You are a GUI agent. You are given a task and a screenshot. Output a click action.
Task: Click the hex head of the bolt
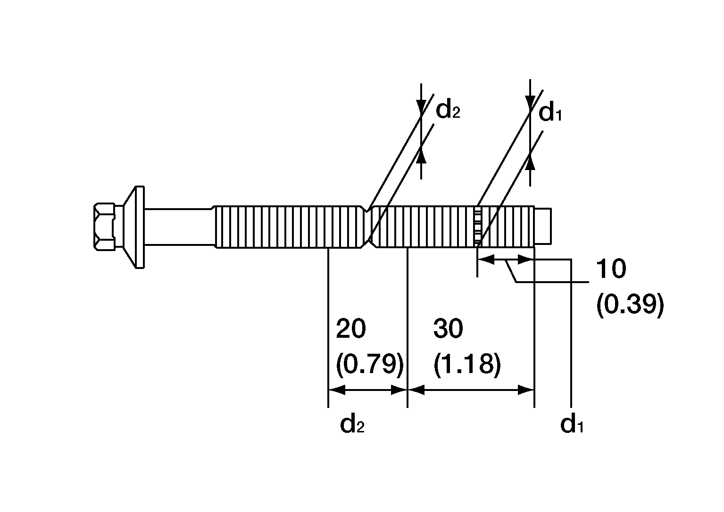(x=104, y=227)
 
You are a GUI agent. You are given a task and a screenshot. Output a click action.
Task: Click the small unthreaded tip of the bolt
(x=543, y=226)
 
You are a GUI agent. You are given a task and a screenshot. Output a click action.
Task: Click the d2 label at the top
(x=448, y=110)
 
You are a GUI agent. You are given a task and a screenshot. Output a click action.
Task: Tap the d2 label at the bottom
(x=352, y=424)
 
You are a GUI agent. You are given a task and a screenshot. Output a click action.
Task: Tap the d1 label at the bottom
(x=572, y=424)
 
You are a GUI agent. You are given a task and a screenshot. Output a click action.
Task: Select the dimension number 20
(x=351, y=329)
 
